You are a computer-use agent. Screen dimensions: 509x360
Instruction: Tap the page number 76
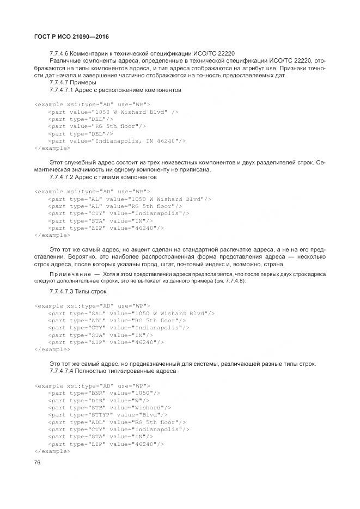click(38, 463)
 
